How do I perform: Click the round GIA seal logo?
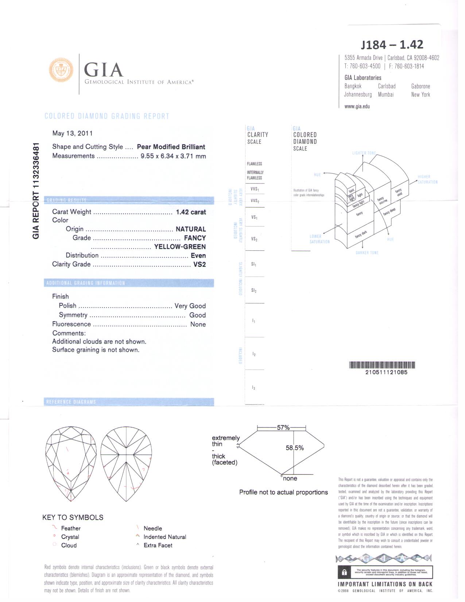point(61,70)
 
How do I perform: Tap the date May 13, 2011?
point(72,133)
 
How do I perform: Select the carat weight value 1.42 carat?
point(191,212)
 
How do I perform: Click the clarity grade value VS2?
point(199,264)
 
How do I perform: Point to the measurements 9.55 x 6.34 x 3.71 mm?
point(173,156)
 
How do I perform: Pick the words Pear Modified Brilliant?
point(171,147)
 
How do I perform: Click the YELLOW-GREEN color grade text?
point(180,247)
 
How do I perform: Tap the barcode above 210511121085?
point(382,365)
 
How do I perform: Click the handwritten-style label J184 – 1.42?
point(392,45)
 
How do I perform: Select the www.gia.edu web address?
point(357,107)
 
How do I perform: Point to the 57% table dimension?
point(283,428)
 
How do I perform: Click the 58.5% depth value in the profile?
point(295,448)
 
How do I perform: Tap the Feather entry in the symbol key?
point(71,528)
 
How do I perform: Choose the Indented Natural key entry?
point(164,537)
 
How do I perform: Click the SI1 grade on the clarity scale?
point(254,264)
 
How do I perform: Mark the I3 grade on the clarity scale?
point(254,387)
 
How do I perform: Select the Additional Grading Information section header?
point(85,283)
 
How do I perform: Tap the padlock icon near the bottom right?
point(343,572)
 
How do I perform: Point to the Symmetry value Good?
point(197,315)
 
